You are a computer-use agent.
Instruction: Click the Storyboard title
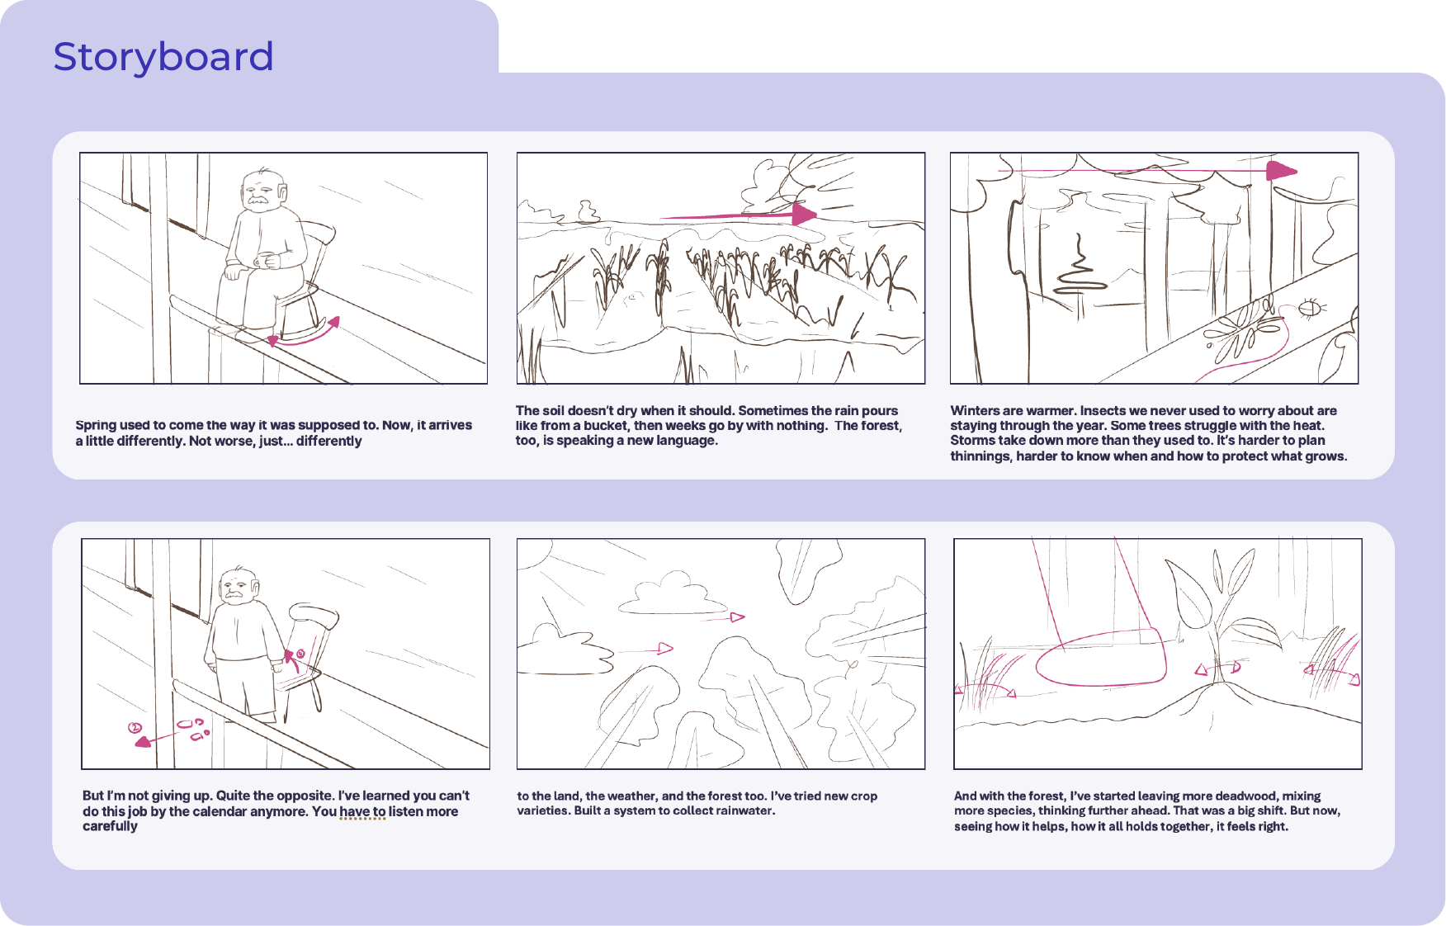163,57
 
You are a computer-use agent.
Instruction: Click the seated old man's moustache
260,200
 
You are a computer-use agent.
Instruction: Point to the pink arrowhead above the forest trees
1282,171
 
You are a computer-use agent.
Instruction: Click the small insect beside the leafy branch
1311,309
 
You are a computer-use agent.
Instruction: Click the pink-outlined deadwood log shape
1101,657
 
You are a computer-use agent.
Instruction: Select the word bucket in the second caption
605,426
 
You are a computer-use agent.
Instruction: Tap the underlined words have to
362,811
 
